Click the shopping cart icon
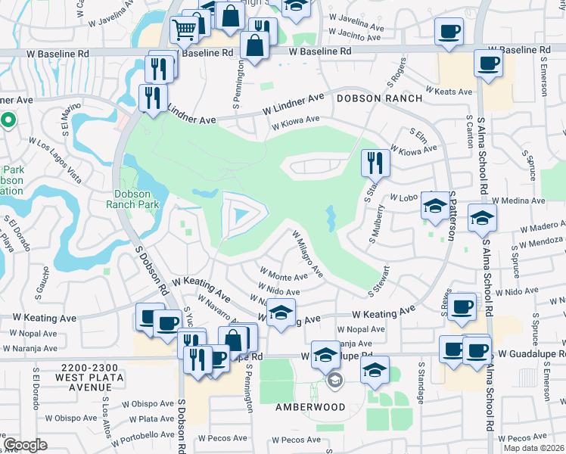click(x=184, y=30)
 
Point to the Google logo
click(x=25, y=445)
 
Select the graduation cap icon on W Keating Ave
click(x=281, y=313)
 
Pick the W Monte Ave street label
click(x=283, y=274)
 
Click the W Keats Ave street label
click(x=449, y=91)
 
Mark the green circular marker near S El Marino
click(x=8, y=120)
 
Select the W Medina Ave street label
click(x=521, y=201)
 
